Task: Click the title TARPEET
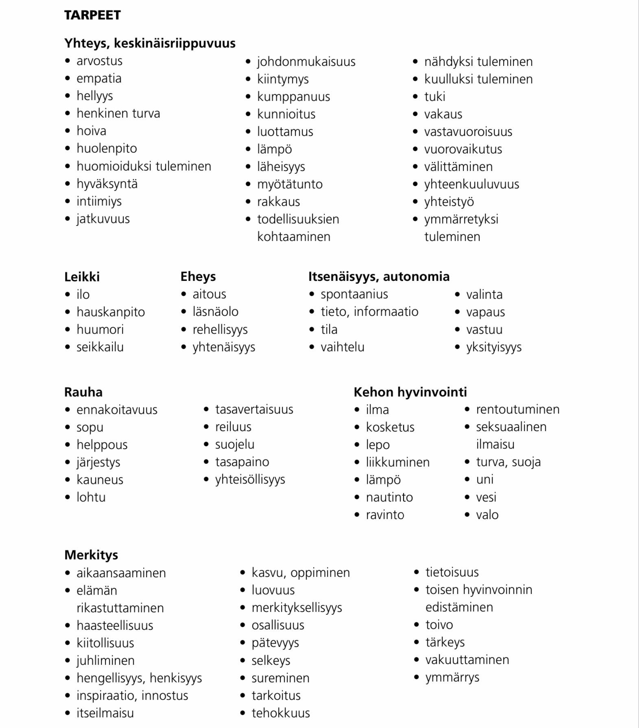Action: pyautogui.click(x=92, y=15)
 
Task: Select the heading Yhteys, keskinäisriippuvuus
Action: pyautogui.click(x=150, y=43)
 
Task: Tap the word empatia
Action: pyautogui.click(x=99, y=78)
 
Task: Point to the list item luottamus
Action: pyautogui.click(x=285, y=132)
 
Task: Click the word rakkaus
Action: pyautogui.click(x=278, y=202)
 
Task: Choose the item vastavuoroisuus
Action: pyautogui.click(x=468, y=132)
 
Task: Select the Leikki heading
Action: pyautogui.click(x=82, y=277)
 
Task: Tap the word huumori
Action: pyautogui.click(x=100, y=329)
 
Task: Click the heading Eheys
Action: pyautogui.click(x=198, y=277)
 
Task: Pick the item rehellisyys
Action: pyautogui.click(x=220, y=329)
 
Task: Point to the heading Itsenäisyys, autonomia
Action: pyautogui.click(x=379, y=277)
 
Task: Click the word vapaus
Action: pyautogui.click(x=485, y=312)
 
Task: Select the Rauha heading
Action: pyautogui.click(x=83, y=392)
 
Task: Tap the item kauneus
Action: pyautogui.click(x=100, y=480)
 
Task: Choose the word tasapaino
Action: pyautogui.click(x=242, y=462)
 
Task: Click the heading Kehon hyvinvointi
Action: pyautogui.click(x=410, y=392)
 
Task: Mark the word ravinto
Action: pyautogui.click(x=385, y=515)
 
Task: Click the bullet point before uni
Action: pyautogui.click(x=467, y=480)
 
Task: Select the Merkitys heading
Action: pyautogui.click(x=91, y=555)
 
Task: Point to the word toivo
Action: pyautogui.click(x=439, y=625)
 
